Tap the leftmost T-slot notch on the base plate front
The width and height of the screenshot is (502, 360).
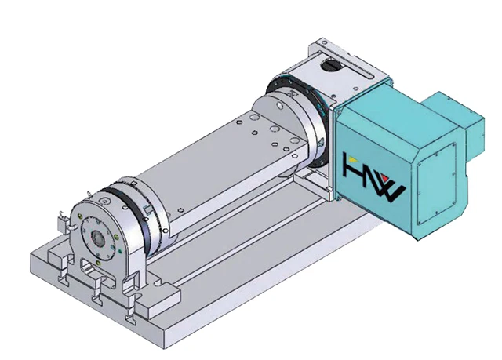point(58,275)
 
